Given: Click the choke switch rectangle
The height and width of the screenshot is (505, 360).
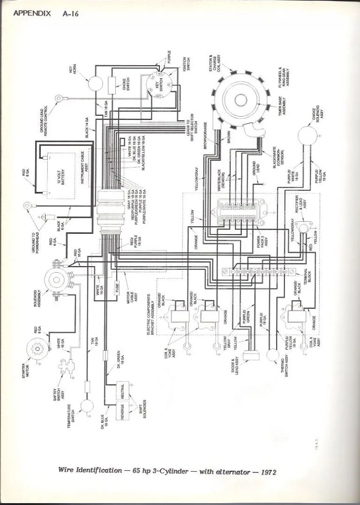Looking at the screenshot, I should (x=112, y=85).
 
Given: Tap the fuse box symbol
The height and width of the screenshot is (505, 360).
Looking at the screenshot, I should (x=118, y=285).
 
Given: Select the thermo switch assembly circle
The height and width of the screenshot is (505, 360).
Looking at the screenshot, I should (x=271, y=356).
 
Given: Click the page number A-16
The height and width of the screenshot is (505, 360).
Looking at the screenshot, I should (x=70, y=14).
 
